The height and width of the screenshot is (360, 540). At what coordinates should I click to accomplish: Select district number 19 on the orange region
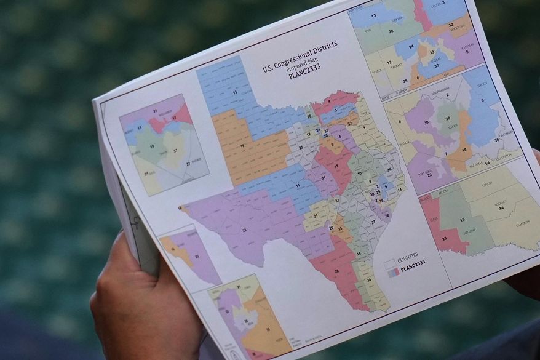(x=242, y=146)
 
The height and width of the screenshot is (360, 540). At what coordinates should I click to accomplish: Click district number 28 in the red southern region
(x=336, y=271)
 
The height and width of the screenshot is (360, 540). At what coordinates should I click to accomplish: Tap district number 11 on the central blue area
(x=298, y=185)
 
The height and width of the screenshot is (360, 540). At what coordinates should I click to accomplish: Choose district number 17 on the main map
(x=336, y=166)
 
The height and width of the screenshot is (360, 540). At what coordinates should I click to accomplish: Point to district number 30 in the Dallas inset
(x=436, y=65)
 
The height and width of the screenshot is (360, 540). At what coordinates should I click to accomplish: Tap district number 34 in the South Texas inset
(x=501, y=207)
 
